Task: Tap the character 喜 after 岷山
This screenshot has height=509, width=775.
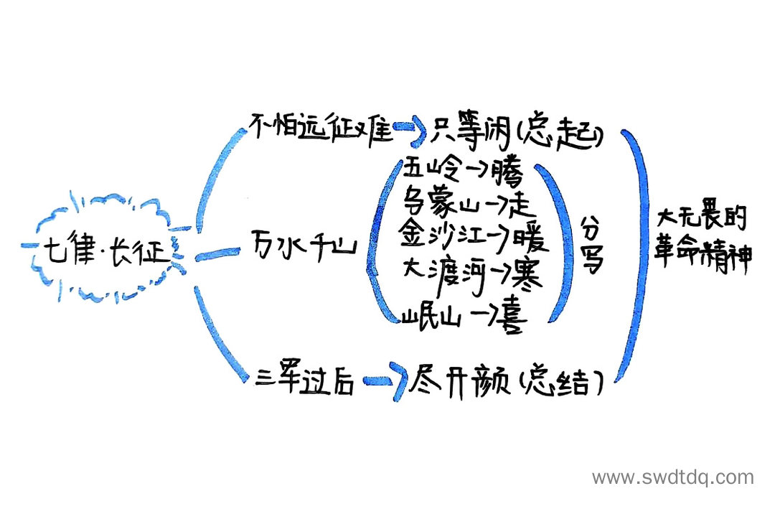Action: [512, 318]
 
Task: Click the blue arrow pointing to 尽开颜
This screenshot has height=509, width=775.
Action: [384, 383]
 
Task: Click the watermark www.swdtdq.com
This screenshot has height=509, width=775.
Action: [672, 477]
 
